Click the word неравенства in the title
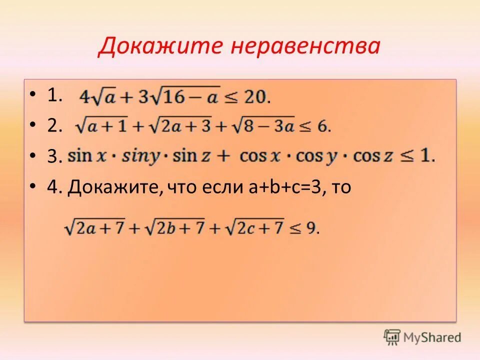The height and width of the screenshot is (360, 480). [305, 46]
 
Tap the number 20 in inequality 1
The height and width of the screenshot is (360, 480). [256, 96]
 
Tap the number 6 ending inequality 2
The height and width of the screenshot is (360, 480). [322, 126]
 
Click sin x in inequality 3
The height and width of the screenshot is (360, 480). [87, 156]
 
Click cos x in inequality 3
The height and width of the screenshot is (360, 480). [260, 156]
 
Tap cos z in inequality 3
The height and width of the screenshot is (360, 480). [373, 156]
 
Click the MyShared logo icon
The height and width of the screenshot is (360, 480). [392, 336]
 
